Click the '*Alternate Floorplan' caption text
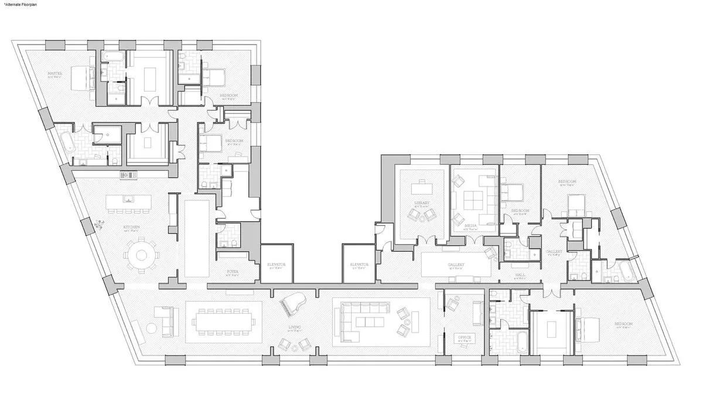point(17,4)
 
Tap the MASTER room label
point(54,74)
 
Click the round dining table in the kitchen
point(141,255)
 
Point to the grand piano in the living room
point(290,306)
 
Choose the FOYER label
point(233,272)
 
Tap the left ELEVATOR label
point(276,265)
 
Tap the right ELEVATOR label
point(359,265)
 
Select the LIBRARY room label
point(422,203)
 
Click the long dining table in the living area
point(223,322)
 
